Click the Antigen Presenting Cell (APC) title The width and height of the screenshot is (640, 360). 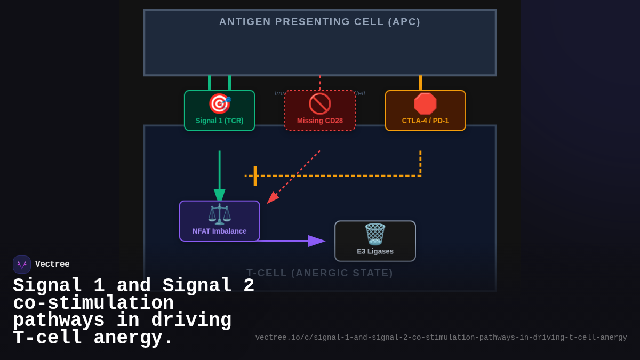tap(319, 22)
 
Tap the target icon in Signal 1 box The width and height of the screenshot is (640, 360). tap(219, 103)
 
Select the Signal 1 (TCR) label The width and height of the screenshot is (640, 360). tap(219, 121)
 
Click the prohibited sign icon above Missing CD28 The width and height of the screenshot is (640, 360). tap(319, 103)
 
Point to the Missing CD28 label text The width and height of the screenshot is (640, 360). tap(319, 121)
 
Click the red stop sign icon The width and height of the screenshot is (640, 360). tap(425, 103)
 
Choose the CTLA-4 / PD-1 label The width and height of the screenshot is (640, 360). tap(425, 121)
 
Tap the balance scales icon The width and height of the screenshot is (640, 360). tap(219, 214)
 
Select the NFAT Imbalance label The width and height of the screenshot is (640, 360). tap(219, 231)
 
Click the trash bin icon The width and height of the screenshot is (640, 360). tap(375, 234)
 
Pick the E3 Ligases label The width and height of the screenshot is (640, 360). tap(375, 251)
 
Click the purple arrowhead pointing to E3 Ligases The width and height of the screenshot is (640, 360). tap(316, 241)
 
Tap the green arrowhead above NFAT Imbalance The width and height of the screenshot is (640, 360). tap(219, 195)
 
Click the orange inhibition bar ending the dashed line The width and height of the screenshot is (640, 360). tap(255, 175)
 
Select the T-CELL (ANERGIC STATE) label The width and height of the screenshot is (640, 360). tap(319, 273)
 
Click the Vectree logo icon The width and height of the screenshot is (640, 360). tap(22, 265)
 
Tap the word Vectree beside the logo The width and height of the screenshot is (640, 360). tap(52, 265)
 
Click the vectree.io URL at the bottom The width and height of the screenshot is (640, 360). tap(441, 338)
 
